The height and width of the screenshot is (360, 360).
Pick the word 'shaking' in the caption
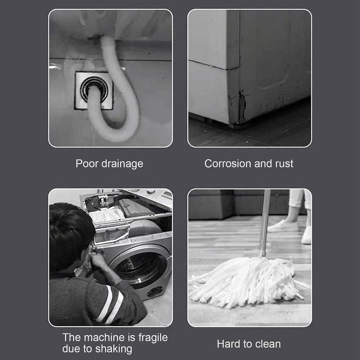tap(114, 349)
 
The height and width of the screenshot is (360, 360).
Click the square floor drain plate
tap(94, 91)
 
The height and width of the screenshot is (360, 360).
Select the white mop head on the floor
tap(246, 281)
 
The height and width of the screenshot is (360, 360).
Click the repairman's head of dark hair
tap(70, 229)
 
